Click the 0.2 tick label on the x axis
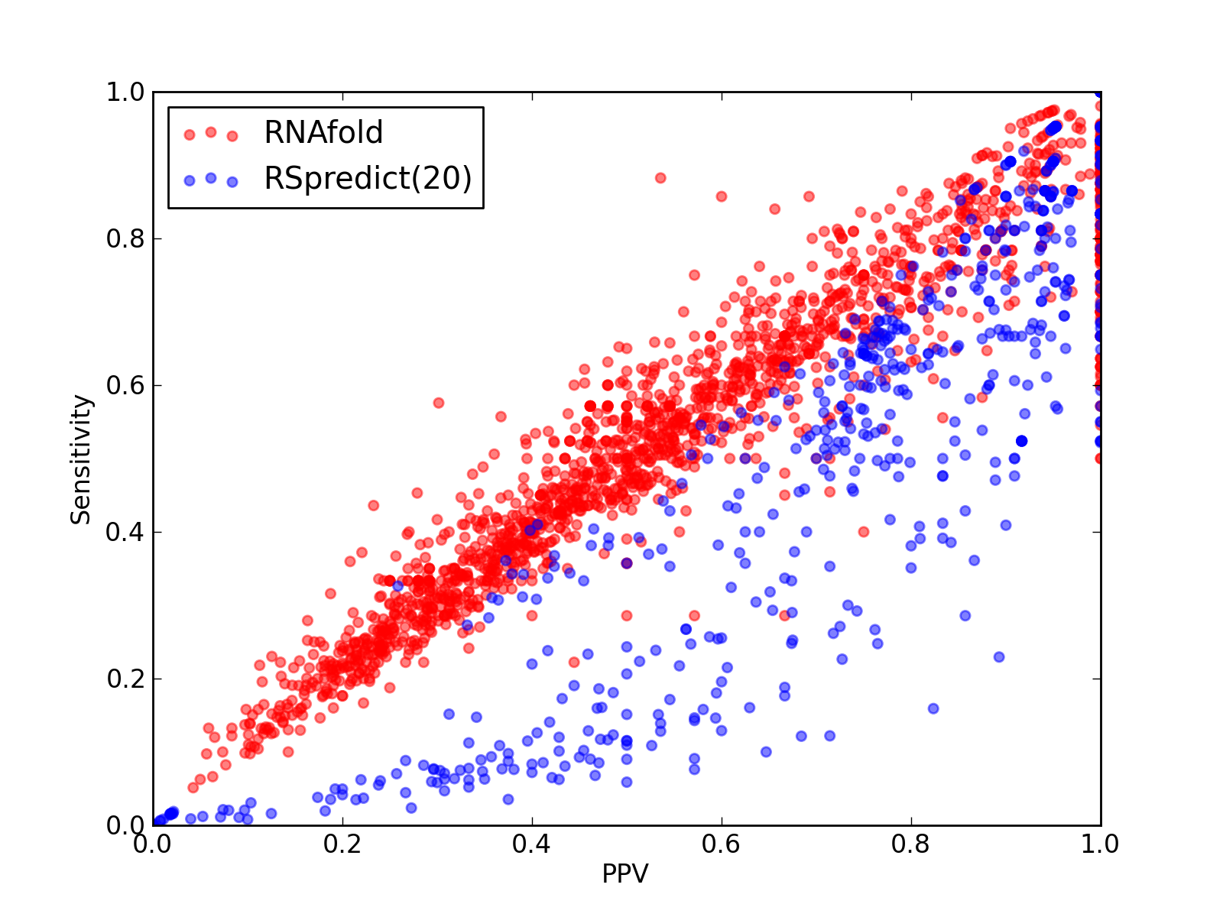point(342,844)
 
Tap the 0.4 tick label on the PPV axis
point(531,844)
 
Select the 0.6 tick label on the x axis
point(721,844)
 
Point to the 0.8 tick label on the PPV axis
point(911,844)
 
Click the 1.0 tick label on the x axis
point(1100,844)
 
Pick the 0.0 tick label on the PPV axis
point(152,844)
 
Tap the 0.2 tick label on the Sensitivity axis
point(125,679)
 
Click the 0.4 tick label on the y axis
point(125,533)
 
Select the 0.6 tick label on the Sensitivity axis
point(125,385)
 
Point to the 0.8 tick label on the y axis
point(125,239)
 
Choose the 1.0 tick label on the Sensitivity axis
point(125,92)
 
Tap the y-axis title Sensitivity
point(81,460)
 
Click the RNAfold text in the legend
point(324,132)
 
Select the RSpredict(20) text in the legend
point(368,179)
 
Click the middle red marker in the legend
point(211,132)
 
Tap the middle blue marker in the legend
point(211,178)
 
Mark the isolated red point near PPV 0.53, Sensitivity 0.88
point(660,178)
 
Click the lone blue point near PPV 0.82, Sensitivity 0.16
point(933,708)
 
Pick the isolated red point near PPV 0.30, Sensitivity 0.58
point(439,403)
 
